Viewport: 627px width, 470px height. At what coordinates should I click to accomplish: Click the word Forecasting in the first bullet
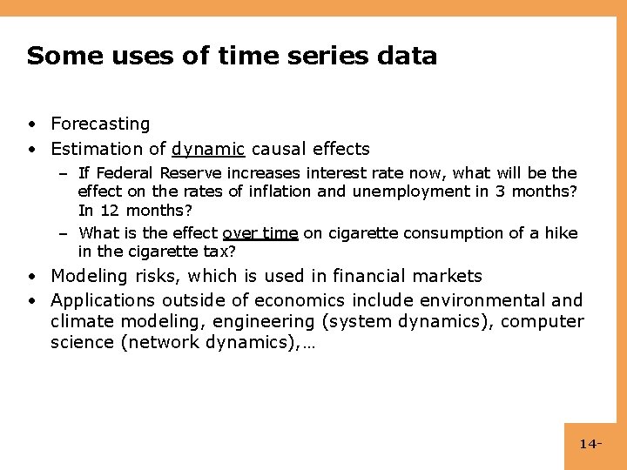tap(100, 124)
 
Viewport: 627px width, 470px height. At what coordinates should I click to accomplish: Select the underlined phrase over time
tap(260, 233)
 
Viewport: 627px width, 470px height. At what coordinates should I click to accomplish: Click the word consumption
tap(423, 233)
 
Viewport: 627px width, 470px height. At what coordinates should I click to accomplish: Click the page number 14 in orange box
tap(589, 445)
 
